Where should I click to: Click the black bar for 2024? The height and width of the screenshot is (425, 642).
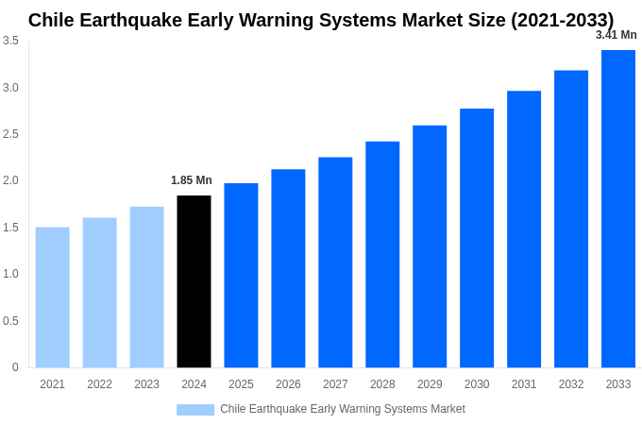[x=194, y=281]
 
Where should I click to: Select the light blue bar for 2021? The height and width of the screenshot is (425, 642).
[x=53, y=297]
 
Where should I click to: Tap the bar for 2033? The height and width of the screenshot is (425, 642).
[x=618, y=209]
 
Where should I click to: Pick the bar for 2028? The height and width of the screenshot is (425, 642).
[x=382, y=254]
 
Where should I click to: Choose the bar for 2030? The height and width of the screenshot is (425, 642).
[x=477, y=238]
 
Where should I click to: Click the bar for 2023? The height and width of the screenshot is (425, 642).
[x=146, y=287]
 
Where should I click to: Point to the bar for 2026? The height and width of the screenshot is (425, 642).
[x=288, y=268]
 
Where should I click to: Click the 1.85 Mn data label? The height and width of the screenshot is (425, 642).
[x=192, y=180]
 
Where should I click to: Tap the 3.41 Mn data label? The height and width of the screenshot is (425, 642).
[x=616, y=35]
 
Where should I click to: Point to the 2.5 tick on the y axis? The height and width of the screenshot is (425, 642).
[x=10, y=134]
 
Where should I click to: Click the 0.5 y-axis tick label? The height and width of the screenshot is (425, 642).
[x=10, y=321]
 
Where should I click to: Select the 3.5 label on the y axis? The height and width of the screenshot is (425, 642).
[x=10, y=41]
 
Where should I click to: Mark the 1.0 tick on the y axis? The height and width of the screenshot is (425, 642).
[x=10, y=274]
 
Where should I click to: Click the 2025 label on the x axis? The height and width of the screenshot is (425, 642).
[x=241, y=384]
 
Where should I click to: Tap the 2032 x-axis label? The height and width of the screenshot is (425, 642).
[x=571, y=384]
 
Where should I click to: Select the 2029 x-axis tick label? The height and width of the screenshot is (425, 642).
[x=430, y=384]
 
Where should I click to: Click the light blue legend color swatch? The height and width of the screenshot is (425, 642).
[x=195, y=409]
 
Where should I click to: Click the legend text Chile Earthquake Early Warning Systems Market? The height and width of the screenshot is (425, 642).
[x=343, y=409]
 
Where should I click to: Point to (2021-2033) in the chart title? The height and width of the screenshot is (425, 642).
[x=562, y=20]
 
